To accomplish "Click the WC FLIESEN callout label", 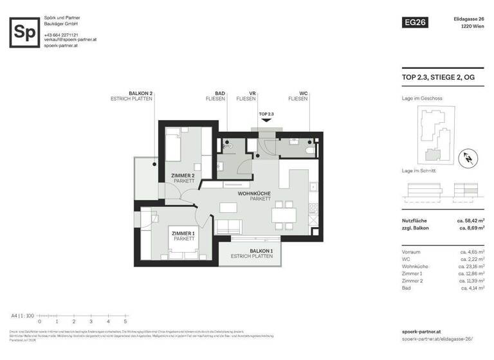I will click(297, 96).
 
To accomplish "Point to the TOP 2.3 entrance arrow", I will click(266, 120).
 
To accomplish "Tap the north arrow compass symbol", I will click(470, 156).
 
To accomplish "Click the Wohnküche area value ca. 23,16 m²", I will click(471, 265).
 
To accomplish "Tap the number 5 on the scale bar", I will click(125, 321).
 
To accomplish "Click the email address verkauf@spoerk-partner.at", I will click(70, 39).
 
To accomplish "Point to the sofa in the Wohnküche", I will click(229, 226).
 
